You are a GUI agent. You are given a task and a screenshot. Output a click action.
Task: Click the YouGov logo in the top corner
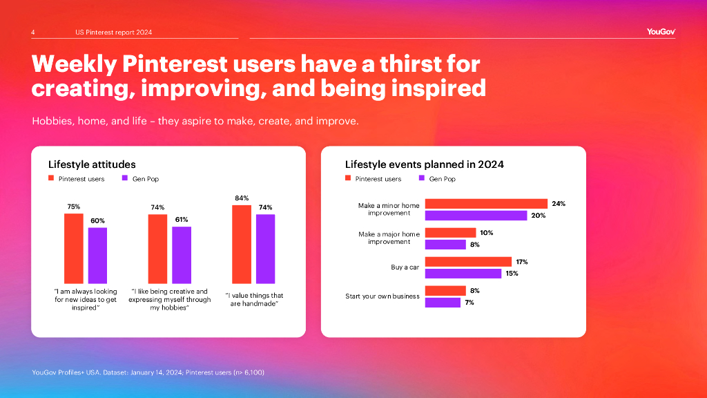pyautogui.click(x=661, y=31)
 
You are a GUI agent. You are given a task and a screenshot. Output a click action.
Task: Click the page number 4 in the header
pyautogui.click(x=33, y=32)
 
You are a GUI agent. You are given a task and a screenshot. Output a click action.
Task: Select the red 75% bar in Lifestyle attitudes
pyautogui.click(x=73, y=248)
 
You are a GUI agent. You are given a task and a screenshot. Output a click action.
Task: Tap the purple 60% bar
pyautogui.click(x=97, y=255)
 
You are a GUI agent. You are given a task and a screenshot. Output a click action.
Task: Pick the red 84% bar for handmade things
pyautogui.click(x=242, y=244)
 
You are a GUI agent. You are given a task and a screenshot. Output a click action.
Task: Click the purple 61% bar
pyautogui.click(x=182, y=254)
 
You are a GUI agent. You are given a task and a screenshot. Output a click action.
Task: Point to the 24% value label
pyautogui.click(x=559, y=204)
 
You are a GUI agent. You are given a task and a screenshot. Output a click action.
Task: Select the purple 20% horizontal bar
pyautogui.click(x=476, y=216)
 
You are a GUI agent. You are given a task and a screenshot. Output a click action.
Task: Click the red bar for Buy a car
pyautogui.click(x=468, y=262)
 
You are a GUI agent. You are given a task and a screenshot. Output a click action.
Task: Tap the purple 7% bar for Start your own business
pyautogui.click(x=443, y=303)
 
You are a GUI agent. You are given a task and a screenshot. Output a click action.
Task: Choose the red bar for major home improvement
pyautogui.click(x=450, y=233)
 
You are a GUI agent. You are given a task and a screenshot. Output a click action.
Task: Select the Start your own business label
pyautogui.click(x=382, y=296)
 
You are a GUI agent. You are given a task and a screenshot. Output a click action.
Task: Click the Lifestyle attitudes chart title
pyautogui.click(x=92, y=164)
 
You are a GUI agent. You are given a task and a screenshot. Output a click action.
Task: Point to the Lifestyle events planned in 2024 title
pyautogui.click(x=424, y=164)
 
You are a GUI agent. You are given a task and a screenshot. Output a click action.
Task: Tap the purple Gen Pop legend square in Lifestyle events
pyautogui.click(x=421, y=179)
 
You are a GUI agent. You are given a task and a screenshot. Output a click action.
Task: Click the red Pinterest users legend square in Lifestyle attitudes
pyautogui.click(x=51, y=179)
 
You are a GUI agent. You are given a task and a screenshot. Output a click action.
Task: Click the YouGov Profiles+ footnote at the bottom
pyautogui.click(x=148, y=373)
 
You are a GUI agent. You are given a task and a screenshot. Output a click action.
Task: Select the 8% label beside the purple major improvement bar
pyautogui.click(x=474, y=245)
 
